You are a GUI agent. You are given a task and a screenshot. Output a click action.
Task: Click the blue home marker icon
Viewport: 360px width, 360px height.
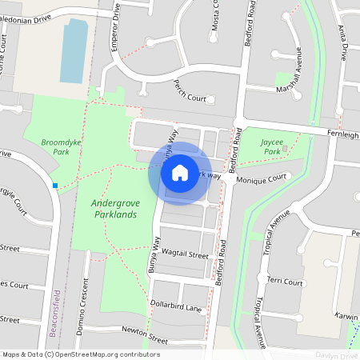[180, 172]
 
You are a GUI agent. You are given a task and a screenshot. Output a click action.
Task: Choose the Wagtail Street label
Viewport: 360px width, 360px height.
[185, 254]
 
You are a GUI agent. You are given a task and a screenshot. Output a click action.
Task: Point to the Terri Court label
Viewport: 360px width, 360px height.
[286, 282]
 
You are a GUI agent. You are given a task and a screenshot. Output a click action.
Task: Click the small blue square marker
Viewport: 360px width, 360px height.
[55, 186]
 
